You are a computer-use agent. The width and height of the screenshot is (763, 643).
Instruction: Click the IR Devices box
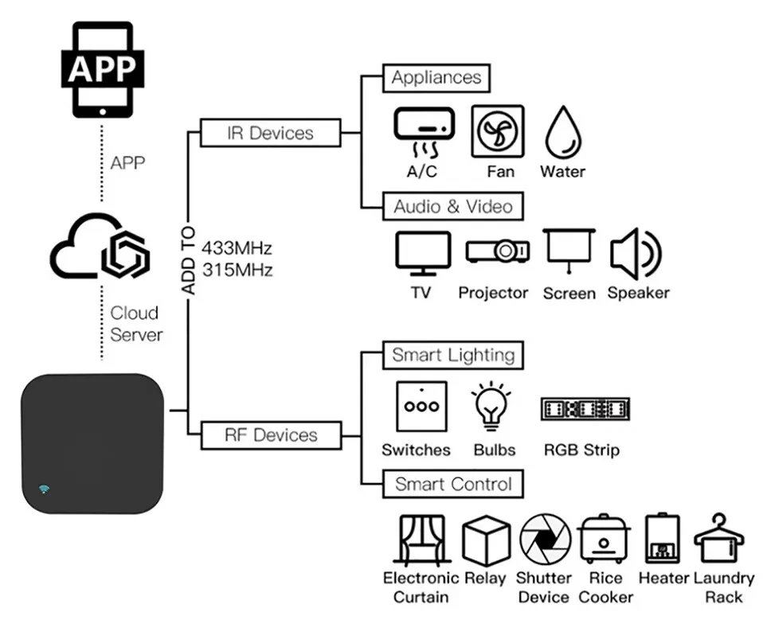(x=270, y=133)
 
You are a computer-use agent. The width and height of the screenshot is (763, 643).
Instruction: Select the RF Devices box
(x=270, y=435)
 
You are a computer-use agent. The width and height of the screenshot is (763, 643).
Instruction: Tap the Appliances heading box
(x=436, y=78)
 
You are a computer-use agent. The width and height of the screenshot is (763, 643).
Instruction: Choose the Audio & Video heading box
(x=452, y=207)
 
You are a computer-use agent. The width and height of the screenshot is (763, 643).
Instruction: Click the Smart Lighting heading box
(x=452, y=355)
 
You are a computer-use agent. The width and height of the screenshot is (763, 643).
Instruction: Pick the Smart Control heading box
(x=452, y=484)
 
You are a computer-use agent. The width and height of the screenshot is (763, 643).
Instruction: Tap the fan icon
(x=499, y=131)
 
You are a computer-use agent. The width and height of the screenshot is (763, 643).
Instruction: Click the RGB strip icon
(x=585, y=408)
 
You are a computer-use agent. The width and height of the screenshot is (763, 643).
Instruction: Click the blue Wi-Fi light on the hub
(x=43, y=488)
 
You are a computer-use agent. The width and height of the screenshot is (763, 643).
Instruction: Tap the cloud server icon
(x=99, y=246)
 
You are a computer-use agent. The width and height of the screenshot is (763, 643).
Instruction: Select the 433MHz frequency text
(x=237, y=246)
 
